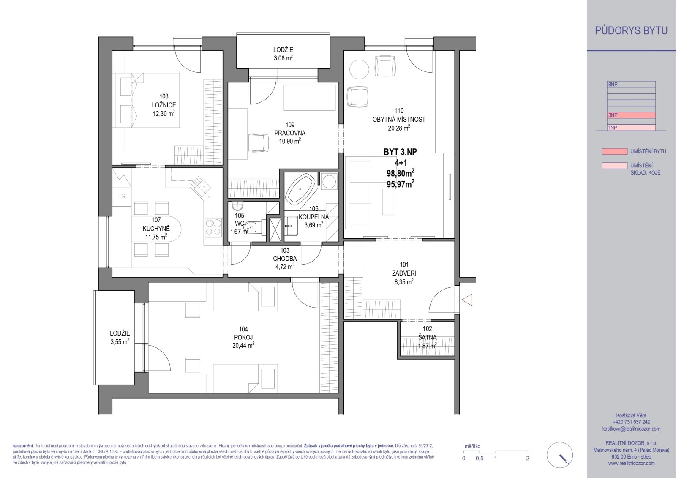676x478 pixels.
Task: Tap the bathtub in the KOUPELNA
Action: pyautogui.click(x=300, y=189)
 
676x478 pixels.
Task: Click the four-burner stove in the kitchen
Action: pyautogui.click(x=213, y=227)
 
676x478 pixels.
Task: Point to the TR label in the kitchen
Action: pyautogui.click(x=122, y=197)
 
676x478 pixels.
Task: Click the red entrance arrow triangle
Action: pyautogui.click(x=467, y=300)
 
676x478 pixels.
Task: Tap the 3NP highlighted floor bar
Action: pyautogui.click(x=631, y=115)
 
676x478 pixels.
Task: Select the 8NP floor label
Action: pyautogui.click(x=613, y=85)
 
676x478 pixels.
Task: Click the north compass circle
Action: pyautogui.click(x=560, y=455)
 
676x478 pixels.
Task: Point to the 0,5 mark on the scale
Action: pyautogui.click(x=480, y=459)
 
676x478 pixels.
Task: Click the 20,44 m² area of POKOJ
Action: pyautogui.click(x=243, y=345)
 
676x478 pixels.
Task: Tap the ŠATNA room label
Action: pyautogui.click(x=427, y=337)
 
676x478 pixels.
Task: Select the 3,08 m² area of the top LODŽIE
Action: pyautogui.click(x=283, y=58)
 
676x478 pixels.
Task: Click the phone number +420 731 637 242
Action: pyautogui.click(x=631, y=422)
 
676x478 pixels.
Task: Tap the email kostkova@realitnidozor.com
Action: pyautogui.click(x=631, y=429)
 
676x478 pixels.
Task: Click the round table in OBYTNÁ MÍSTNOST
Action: pyautogui.click(x=359, y=69)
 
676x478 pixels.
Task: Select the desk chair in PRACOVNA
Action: pyautogui.click(x=258, y=142)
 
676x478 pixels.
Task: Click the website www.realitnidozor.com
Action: pyautogui.click(x=631, y=463)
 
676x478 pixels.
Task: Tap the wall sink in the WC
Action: pyautogui.click(x=237, y=206)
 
